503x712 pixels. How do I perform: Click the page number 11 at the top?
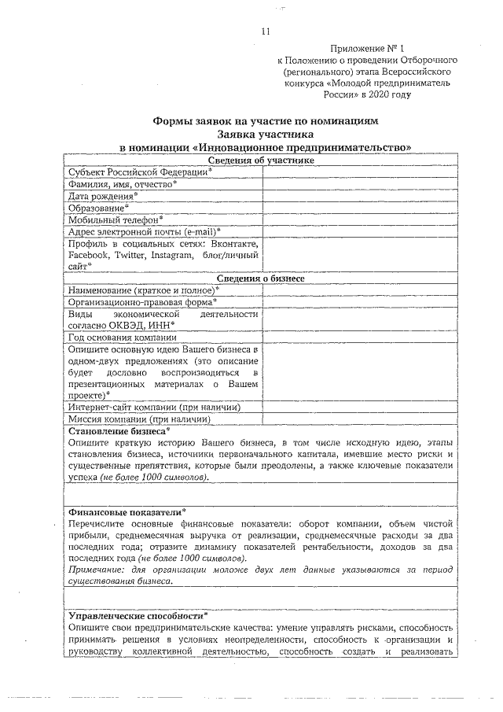pyautogui.click(x=265, y=31)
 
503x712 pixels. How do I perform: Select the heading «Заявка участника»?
pyautogui.click(x=265, y=135)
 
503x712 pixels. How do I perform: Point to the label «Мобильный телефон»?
pyautogui.click(x=115, y=220)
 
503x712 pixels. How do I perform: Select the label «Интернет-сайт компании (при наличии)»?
pyautogui.click(x=153, y=407)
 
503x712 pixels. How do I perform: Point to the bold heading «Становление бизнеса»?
pyautogui.click(x=118, y=431)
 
